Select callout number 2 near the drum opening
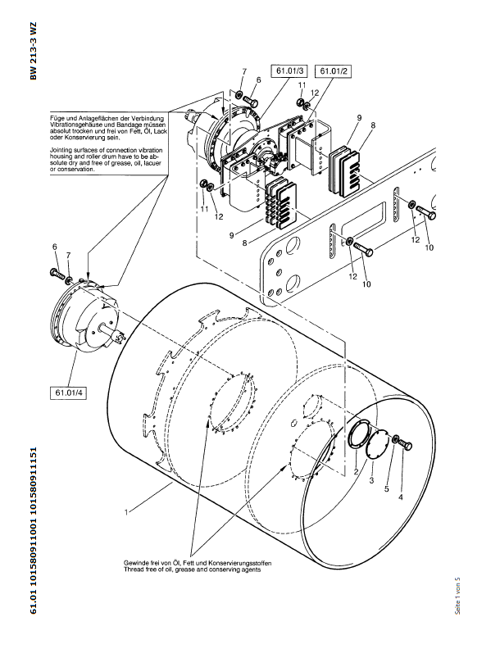click(x=356, y=473)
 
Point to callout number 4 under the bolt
click(x=401, y=497)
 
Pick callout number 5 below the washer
click(x=387, y=489)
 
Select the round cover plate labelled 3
click(x=377, y=448)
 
